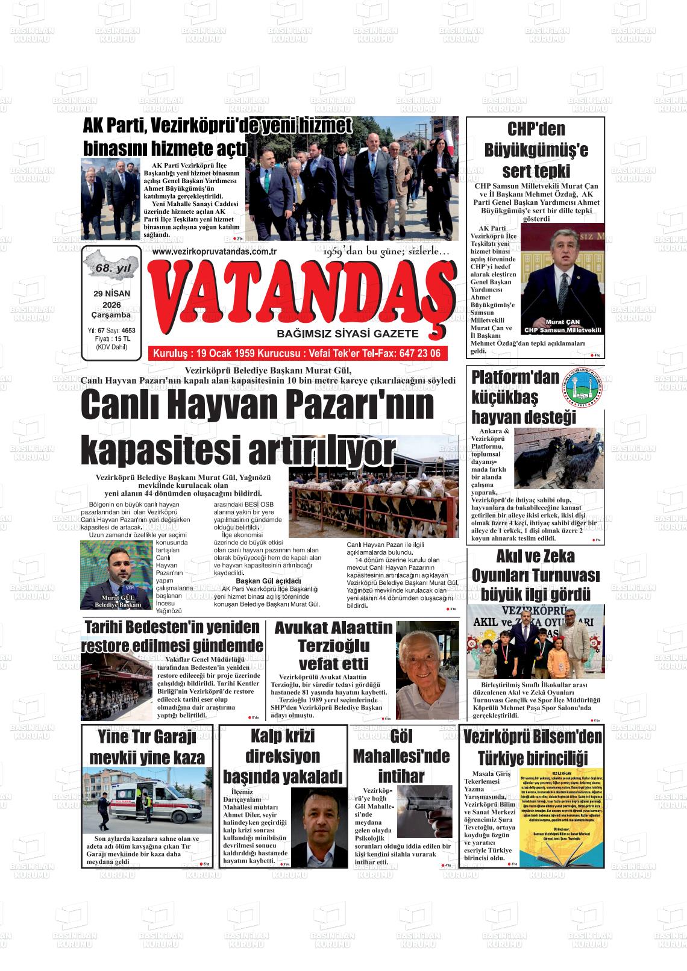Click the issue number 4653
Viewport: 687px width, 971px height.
[x=128, y=331]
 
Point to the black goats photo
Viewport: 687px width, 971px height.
[x=559, y=457]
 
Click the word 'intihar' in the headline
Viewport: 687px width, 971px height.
[x=401, y=775]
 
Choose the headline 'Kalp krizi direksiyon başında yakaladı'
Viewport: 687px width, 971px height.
[x=283, y=756]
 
